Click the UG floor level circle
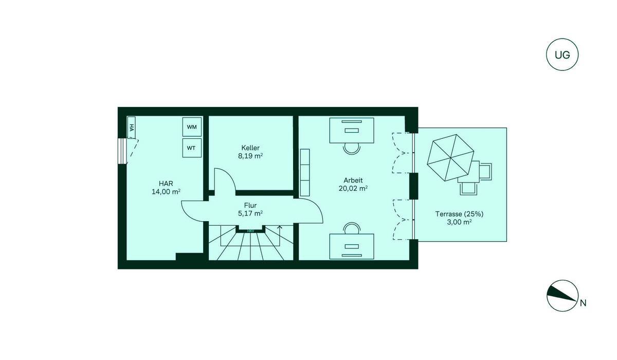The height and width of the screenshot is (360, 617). [x=562, y=55]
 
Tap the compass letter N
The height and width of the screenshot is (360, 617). [x=583, y=303]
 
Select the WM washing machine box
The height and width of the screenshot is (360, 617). [x=192, y=127]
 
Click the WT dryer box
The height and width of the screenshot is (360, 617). [x=192, y=148]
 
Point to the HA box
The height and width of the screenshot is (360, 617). [x=132, y=127]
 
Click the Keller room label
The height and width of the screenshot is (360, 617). [x=250, y=148]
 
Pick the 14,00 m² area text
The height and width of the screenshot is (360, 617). [x=166, y=192]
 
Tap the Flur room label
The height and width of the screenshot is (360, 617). [x=250, y=205]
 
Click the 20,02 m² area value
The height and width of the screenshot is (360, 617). [x=353, y=188]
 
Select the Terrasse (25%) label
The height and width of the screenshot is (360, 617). [x=459, y=214]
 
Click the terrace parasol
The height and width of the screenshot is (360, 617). [x=450, y=157]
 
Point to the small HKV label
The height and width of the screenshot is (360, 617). [x=250, y=231]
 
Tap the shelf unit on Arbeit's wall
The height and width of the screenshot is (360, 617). [x=305, y=173]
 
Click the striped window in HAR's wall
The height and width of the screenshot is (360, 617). [x=122, y=151]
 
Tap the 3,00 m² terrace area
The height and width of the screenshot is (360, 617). [x=459, y=222]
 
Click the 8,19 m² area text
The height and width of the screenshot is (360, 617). [x=250, y=156]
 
